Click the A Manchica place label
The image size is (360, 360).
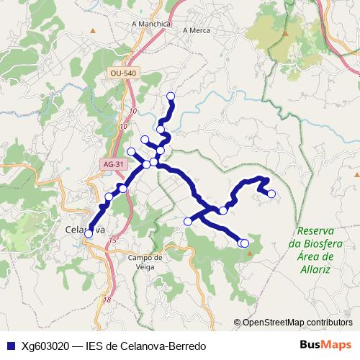pyautogui.click(x=151, y=24)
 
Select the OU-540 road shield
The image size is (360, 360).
pyautogui.click(x=123, y=73)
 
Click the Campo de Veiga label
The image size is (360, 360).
pyautogui.click(x=146, y=261)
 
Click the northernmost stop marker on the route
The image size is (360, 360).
pyautogui.click(x=171, y=96)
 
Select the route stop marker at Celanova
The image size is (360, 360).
pyautogui.click(x=89, y=234)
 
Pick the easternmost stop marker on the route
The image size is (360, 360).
pyautogui.click(x=271, y=193)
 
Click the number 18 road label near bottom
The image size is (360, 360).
pyautogui.click(x=107, y=300)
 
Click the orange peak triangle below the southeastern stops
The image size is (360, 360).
pyautogui.click(x=249, y=253)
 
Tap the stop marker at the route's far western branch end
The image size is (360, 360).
pyautogui.click(x=131, y=151)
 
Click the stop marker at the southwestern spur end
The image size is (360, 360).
pyautogui.click(x=188, y=221)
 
